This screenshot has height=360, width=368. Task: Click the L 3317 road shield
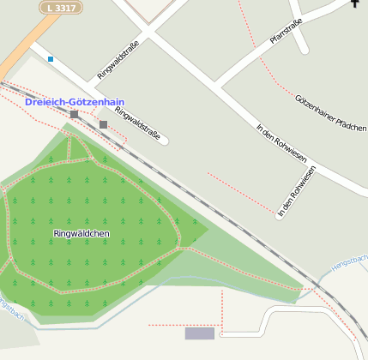(61, 7)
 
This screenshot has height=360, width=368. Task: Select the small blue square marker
(51, 59)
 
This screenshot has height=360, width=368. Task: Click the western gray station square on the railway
(75, 114)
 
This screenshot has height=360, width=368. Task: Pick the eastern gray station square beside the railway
(103, 124)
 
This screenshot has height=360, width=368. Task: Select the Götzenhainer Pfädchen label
(331, 112)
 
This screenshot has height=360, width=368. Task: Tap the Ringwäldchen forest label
(81, 233)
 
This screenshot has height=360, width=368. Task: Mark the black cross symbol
(355, 4)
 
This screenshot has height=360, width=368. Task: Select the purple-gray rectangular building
(200, 333)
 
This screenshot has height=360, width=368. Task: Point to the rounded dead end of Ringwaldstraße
(164, 139)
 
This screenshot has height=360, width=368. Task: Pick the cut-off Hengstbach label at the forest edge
(10, 309)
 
